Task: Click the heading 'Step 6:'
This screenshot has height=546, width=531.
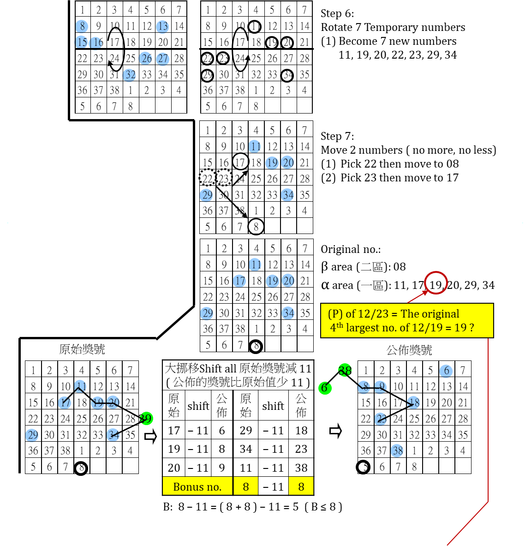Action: tap(337, 13)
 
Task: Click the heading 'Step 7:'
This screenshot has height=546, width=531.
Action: tap(337, 136)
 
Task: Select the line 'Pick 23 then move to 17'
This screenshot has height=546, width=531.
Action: tap(399, 178)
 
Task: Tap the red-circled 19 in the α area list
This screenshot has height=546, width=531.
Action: tap(436, 284)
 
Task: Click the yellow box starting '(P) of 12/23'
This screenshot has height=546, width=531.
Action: tap(407, 320)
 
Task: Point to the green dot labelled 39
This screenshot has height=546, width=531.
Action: tap(146, 418)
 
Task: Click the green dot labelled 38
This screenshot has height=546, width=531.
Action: tap(345, 370)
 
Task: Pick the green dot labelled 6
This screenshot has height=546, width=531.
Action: tap(325, 388)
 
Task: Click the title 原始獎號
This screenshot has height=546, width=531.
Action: tap(82, 349)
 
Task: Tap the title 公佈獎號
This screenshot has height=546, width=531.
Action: tap(409, 350)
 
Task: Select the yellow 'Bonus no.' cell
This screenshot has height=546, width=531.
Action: tap(197, 486)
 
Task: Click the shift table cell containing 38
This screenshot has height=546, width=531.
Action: tap(301, 468)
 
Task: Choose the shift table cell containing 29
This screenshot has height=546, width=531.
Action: tap(246, 431)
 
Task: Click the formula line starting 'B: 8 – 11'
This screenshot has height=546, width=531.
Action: tap(253, 507)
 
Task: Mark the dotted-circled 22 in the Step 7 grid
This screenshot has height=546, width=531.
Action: tap(208, 178)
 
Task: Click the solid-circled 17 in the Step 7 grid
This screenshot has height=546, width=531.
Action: tap(240, 162)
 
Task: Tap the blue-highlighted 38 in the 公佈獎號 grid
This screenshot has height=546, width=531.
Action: tap(398, 450)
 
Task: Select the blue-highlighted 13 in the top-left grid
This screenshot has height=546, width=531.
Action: tap(162, 26)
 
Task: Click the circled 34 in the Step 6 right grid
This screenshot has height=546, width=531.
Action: tap(287, 74)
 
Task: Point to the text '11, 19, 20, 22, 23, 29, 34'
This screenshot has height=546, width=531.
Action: tap(397, 55)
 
